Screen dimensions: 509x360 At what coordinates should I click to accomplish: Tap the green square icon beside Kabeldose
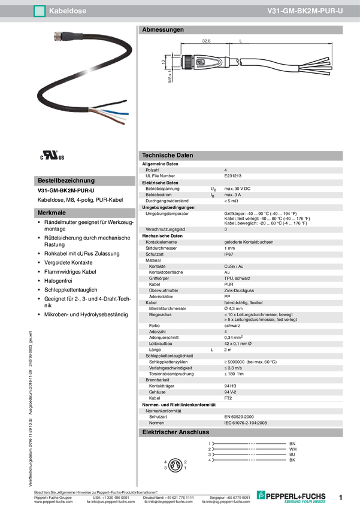[x=40, y=11]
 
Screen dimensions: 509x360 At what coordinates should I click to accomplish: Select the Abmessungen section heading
[x=162, y=29]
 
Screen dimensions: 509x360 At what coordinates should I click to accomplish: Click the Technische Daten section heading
[x=167, y=155]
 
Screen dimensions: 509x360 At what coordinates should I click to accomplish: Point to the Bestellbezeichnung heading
[x=66, y=180]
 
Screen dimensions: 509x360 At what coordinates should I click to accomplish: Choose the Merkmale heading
[x=52, y=213]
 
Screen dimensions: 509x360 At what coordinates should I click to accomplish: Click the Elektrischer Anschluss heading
[x=175, y=432]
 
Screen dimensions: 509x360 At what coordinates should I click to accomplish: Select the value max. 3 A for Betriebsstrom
[x=232, y=195]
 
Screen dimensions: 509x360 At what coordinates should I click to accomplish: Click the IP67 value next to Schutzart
[x=230, y=255]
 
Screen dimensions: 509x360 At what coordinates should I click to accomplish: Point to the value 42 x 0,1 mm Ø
[x=241, y=344]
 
